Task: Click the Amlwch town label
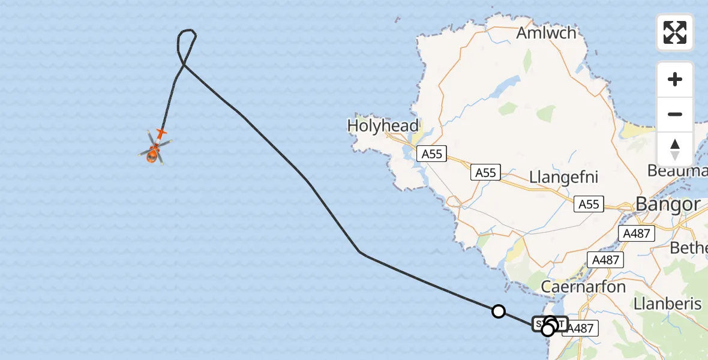tap(546, 32)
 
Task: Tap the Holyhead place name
tap(382, 126)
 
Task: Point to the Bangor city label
tap(667, 204)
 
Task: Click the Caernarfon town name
tap(583, 286)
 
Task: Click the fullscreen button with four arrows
tap(675, 32)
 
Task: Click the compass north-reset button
tap(675, 149)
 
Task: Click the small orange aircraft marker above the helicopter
tap(161, 131)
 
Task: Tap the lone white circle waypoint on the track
tap(498, 311)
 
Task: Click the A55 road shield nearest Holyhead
tap(431, 154)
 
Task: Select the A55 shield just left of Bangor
tap(589, 205)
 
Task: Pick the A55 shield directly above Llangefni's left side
tap(485, 173)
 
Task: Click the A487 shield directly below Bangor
tap(637, 233)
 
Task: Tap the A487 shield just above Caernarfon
tap(605, 260)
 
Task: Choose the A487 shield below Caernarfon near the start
tap(580, 328)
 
